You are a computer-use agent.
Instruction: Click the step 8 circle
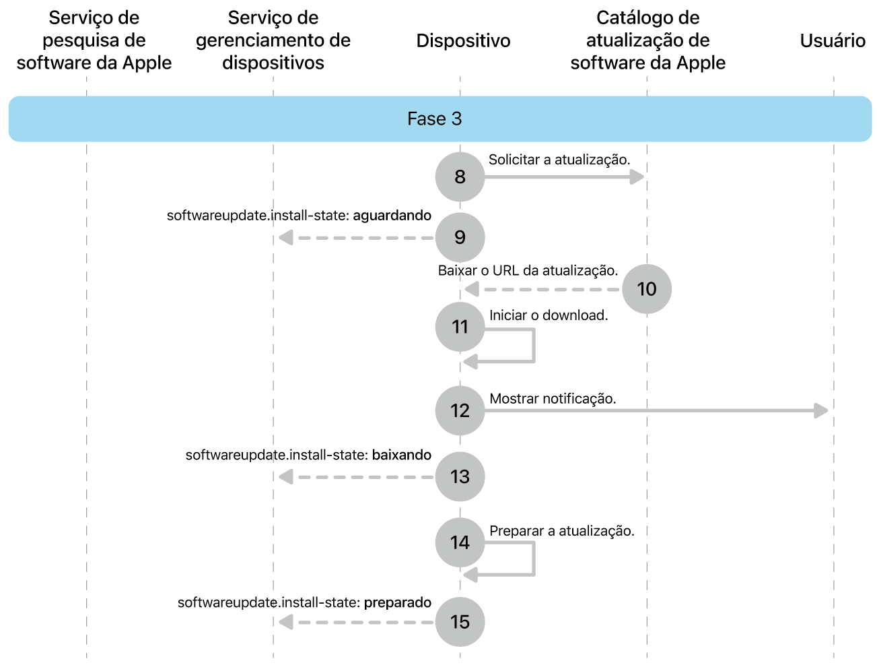click(x=460, y=177)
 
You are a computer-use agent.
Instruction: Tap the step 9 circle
click(x=460, y=238)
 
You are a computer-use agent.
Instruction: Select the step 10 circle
click(x=647, y=289)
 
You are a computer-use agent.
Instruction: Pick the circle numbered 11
click(x=460, y=327)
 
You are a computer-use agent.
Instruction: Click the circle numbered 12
click(x=460, y=411)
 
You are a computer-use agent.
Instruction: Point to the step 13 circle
click(x=460, y=476)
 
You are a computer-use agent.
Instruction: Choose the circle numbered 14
click(x=460, y=542)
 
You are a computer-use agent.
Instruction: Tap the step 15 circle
click(x=460, y=622)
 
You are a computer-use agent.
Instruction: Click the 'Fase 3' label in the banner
click(x=434, y=119)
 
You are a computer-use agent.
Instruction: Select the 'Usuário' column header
click(x=833, y=41)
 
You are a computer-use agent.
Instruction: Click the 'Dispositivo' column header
click(x=464, y=41)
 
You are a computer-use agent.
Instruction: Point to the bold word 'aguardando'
click(x=392, y=216)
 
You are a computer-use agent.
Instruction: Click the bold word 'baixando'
click(x=402, y=455)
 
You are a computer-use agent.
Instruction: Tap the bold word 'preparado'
click(x=398, y=602)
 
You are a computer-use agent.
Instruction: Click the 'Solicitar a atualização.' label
click(x=559, y=160)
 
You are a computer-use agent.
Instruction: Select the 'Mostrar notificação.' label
click(x=553, y=399)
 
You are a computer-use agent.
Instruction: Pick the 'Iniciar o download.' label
click(x=549, y=315)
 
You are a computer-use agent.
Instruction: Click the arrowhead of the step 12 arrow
click(x=820, y=411)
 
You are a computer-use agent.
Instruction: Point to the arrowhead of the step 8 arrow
click(x=637, y=177)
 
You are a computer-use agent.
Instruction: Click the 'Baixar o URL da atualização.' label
click(x=528, y=271)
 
